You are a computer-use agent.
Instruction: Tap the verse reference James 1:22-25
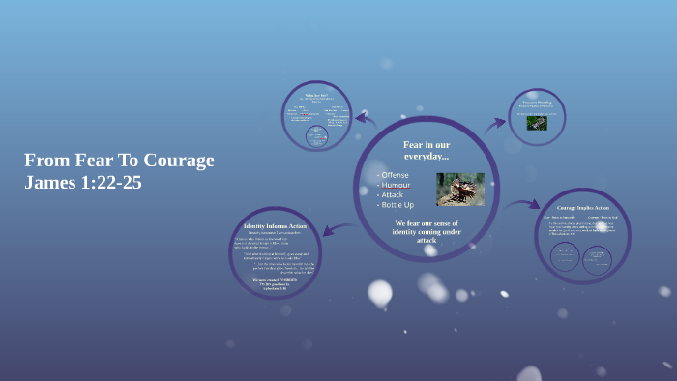click(x=83, y=182)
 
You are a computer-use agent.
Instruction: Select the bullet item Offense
click(x=395, y=174)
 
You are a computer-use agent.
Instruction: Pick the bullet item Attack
click(x=392, y=194)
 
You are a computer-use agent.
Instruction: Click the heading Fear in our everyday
click(x=427, y=150)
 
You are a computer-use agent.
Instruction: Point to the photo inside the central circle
click(x=460, y=189)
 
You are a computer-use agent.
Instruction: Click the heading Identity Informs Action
click(x=275, y=226)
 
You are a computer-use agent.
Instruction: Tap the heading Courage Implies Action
click(x=582, y=208)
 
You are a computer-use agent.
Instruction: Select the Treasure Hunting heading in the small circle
click(x=537, y=102)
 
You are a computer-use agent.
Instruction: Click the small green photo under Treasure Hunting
click(x=537, y=123)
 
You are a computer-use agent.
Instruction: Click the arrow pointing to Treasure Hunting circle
click(x=494, y=123)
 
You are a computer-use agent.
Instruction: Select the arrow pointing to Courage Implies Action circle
click(x=521, y=205)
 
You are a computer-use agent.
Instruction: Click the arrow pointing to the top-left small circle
click(x=365, y=120)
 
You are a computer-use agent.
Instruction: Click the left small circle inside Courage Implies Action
click(x=565, y=256)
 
